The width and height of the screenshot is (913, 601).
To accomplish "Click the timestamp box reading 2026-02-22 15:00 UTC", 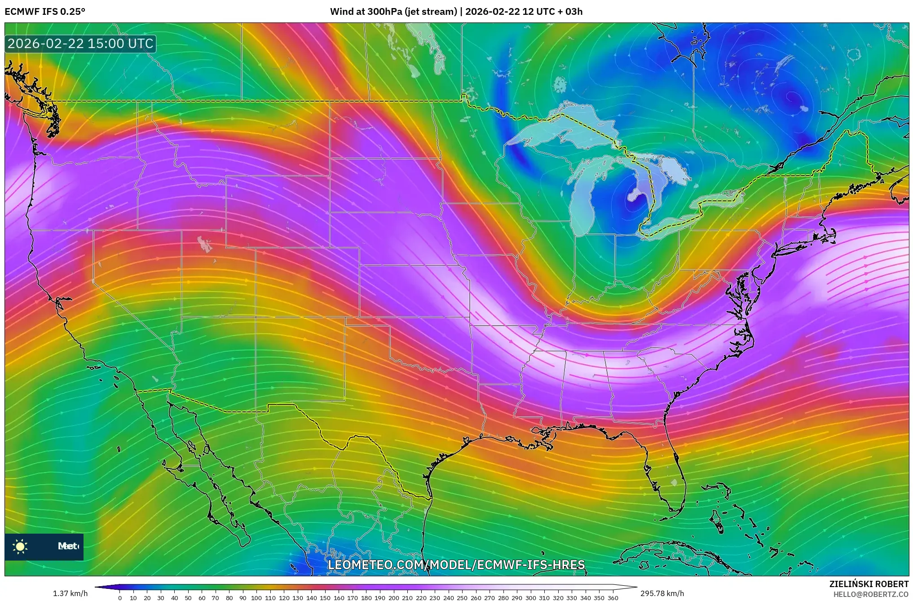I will coord(80,44).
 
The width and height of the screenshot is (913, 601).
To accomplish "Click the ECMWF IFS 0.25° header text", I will coord(45,12).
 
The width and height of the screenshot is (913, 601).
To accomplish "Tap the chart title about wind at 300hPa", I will coord(456,12).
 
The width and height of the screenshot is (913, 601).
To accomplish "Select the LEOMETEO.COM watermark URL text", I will coord(456,565).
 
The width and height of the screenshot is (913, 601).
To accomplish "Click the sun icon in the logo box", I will coord(20,546).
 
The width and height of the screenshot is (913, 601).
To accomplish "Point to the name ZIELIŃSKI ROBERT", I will coord(869,584).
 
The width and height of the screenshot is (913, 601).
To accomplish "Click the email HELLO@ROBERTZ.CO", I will coord(871,594).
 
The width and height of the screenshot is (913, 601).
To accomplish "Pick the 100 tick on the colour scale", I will coord(256,598).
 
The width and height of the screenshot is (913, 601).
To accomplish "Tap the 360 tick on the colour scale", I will coord(613,598).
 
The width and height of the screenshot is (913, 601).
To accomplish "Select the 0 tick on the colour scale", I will coord(120,598).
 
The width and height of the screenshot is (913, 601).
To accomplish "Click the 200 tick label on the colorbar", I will coord(393,598).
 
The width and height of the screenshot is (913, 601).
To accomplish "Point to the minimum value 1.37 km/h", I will coord(70,593).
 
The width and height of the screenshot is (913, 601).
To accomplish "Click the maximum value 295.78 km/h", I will coord(662,593).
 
